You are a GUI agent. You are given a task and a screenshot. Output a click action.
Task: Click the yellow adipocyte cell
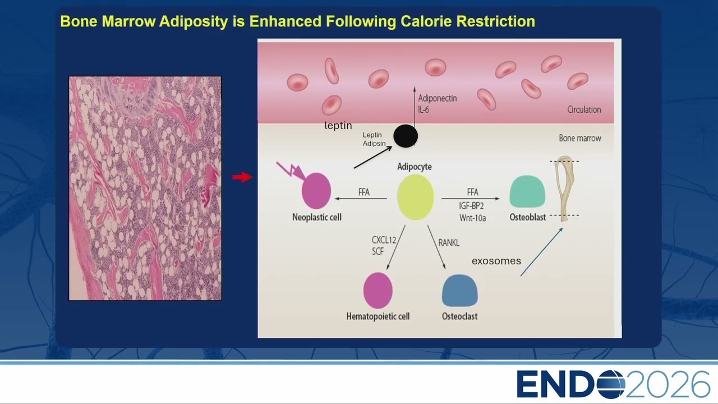coord(416,197)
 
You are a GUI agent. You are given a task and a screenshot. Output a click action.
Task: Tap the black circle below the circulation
coord(406,136)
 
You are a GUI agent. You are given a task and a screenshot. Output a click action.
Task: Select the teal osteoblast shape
coord(527,191)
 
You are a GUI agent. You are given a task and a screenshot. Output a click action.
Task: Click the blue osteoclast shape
coord(459,291)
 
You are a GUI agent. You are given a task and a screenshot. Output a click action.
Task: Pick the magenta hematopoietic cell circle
coord(378,291)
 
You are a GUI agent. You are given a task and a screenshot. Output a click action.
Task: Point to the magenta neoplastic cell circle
coord(316,191)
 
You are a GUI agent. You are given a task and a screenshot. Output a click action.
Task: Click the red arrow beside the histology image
coord(242,177)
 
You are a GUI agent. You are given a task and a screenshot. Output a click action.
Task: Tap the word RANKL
coord(449,243)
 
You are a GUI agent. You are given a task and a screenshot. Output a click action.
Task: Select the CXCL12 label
coord(384,240)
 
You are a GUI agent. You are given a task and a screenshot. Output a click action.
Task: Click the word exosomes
coord(496,261)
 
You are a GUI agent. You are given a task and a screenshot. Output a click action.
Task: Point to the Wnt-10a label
coord(472,218)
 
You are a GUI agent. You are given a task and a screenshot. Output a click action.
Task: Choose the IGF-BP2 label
coord(471,205)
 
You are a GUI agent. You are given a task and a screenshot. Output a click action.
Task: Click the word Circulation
coord(584,109)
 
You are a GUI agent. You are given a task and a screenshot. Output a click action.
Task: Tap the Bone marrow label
coord(580,138)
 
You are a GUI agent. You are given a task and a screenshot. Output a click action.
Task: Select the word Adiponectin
coord(437,98)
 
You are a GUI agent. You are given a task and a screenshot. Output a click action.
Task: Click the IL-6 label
coord(424,109)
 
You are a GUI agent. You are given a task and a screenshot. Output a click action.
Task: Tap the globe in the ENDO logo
coord(611,384)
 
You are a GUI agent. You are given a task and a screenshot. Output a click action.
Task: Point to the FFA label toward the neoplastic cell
coord(364,192)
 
